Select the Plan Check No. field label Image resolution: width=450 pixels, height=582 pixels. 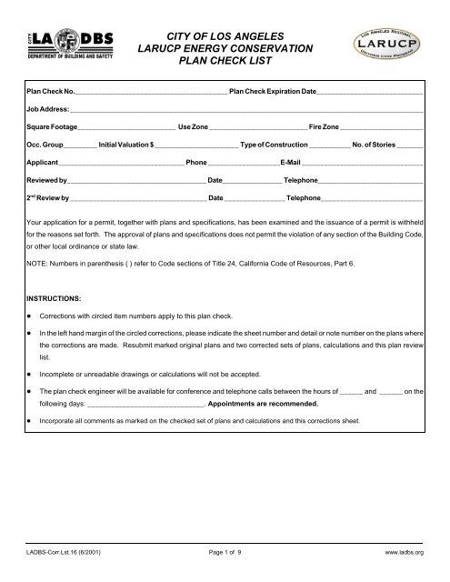(x=51, y=93)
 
